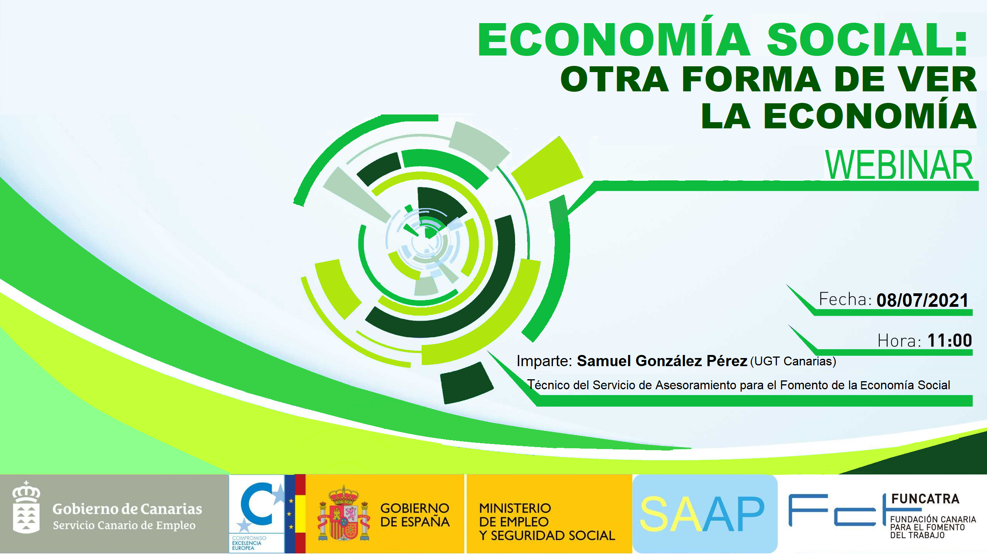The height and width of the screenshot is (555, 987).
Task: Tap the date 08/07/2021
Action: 922,300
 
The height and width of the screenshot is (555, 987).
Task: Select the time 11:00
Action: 950,340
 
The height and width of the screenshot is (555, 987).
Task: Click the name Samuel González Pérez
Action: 662,361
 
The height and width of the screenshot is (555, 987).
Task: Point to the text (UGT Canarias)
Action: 793,362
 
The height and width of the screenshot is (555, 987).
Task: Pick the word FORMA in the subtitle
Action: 751,79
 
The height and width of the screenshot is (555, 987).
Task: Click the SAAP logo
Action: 705,514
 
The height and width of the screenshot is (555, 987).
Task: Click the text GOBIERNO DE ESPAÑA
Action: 415,515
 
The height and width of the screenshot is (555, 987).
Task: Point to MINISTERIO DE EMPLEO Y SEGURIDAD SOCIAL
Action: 547,522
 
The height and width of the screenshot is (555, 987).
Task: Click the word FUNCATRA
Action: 925,499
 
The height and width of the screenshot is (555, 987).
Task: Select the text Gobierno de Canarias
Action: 127,509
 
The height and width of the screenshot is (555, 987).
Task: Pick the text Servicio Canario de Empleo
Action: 124,525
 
